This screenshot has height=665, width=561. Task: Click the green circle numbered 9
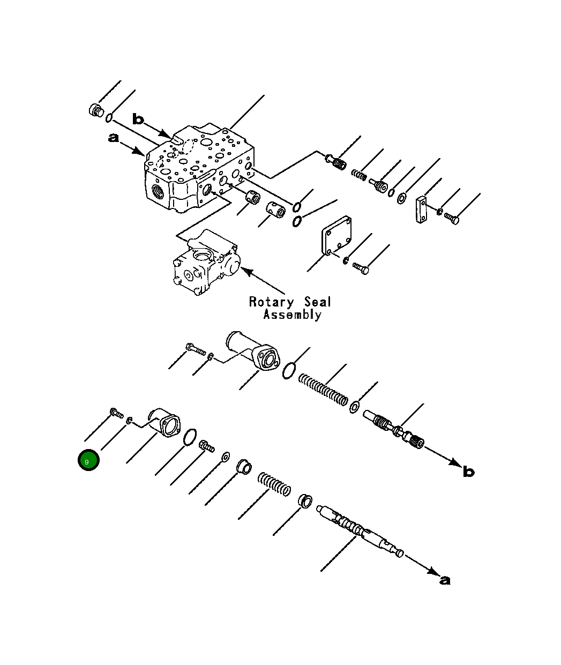pyautogui.click(x=88, y=460)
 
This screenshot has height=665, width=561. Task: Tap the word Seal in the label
pyautogui.click(x=318, y=302)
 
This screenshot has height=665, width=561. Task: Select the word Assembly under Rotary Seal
pyautogui.click(x=292, y=315)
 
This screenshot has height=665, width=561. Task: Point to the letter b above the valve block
pyautogui.click(x=138, y=119)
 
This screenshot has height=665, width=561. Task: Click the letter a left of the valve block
pyautogui.click(x=114, y=138)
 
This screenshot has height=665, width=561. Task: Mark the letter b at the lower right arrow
pyautogui.click(x=468, y=472)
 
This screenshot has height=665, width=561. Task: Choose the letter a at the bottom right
pyautogui.click(x=445, y=580)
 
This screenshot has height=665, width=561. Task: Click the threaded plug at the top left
pyautogui.click(x=96, y=110)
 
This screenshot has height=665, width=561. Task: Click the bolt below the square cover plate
pyautogui.click(x=360, y=268)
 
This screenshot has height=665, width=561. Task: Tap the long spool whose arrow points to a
pyautogui.click(x=359, y=530)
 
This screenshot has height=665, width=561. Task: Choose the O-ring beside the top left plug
pyautogui.click(x=109, y=117)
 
